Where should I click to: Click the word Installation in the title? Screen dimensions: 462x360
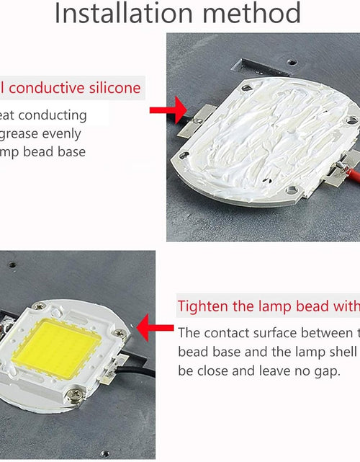116,13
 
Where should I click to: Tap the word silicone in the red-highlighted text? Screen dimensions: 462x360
115,89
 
